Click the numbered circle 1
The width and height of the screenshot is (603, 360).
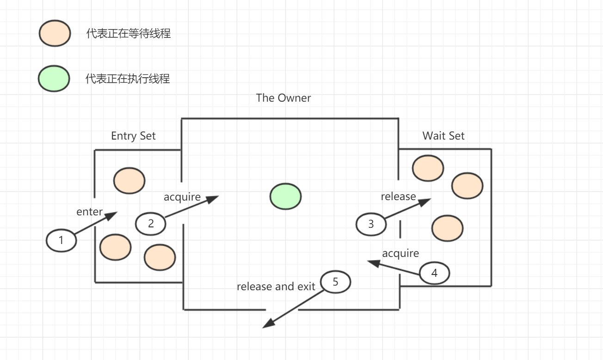(x=61, y=240)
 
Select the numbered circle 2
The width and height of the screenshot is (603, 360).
(x=151, y=224)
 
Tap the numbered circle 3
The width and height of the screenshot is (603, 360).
(x=371, y=224)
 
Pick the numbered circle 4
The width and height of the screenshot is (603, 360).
(x=434, y=273)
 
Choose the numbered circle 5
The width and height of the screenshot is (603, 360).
(x=336, y=281)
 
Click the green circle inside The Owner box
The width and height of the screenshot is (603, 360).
(x=285, y=195)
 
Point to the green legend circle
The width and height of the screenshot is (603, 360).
(x=54, y=79)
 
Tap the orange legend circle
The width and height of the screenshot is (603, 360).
(x=55, y=34)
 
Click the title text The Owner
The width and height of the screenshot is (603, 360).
(x=283, y=98)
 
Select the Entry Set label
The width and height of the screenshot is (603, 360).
(x=133, y=136)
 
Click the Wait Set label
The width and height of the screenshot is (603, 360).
(x=443, y=136)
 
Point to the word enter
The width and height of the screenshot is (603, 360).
(x=89, y=212)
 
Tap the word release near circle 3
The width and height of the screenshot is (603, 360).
(x=398, y=196)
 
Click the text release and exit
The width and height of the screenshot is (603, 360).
(x=276, y=287)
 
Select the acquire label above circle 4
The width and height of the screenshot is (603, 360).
(x=400, y=253)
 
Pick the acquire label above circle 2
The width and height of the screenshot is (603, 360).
(x=182, y=197)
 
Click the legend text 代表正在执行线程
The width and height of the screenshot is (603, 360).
(x=128, y=79)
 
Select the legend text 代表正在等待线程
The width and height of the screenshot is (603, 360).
(x=129, y=34)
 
